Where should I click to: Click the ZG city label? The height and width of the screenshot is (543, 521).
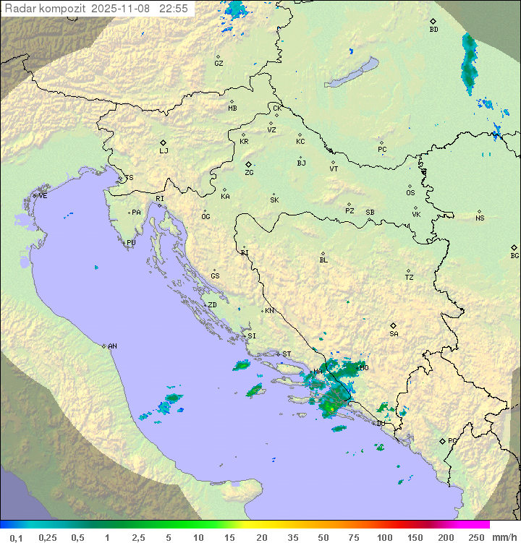[249, 173]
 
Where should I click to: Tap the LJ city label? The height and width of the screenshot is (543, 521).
[164, 151]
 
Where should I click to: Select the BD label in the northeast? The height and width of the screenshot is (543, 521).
[433, 30]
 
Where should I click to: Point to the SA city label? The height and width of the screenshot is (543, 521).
[394, 334]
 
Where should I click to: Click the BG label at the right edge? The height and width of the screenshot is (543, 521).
[514, 256]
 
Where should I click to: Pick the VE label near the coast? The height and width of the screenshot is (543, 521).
[43, 196]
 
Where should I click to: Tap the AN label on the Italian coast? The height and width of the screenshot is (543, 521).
[112, 346]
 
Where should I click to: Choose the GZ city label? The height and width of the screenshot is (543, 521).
[219, 64]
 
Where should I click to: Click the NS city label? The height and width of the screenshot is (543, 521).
[480, 218]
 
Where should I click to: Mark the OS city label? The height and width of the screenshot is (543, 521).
[410, 193]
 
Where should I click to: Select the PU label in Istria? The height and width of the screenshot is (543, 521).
[131, 243]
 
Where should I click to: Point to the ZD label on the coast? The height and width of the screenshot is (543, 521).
[212, 305]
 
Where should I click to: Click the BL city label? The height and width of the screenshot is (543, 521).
[323, 260]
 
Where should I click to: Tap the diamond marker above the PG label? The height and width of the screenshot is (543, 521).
[442, 440]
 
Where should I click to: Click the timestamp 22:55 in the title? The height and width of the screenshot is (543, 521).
[174, 9]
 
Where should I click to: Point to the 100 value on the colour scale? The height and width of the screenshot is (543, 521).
[384, 537]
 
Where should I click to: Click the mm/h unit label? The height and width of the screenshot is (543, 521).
[500, 537]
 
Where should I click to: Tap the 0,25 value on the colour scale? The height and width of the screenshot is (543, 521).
[48, 537]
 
